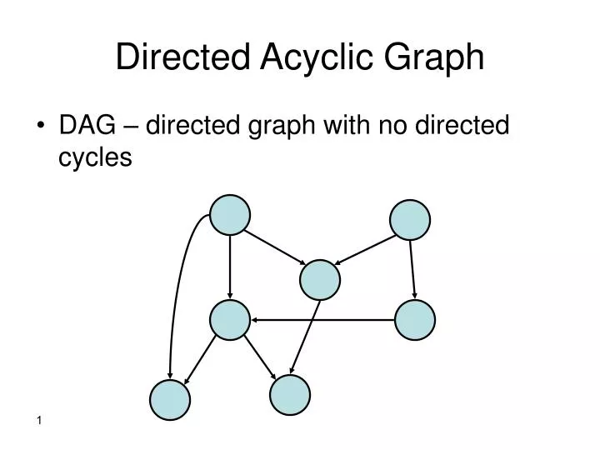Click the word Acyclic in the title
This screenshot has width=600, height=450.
pyautogui.click(x=317, y=57)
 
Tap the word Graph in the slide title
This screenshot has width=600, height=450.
pyautogui.click(x=434, y=57)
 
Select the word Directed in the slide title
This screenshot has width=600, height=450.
pyautogui.click(x=182, y=57)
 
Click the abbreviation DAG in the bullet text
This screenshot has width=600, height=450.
pyautogui.click(x=87, y=125)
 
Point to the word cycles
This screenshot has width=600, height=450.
pyautogui.click(x=95, y=157)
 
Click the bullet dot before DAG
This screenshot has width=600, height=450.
pyautogui.click(x=41, y=125)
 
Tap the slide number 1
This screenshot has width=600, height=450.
pyautogui.click(x=39, y=421)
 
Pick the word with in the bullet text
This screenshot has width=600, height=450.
pyautogui.click(x=347, y=125)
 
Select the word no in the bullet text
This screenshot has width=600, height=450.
pyautogui.click(x=392, y=127)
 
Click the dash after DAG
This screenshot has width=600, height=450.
pyautogui.click(x=131, y=127)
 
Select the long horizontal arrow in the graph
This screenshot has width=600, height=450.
pyautogui.click(x=322, y=320)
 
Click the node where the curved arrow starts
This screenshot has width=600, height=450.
pyautogui.click(x=230, y=215)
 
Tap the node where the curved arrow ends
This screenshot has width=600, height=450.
pyautogui.click(x=170, y=400)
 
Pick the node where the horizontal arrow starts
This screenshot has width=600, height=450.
pyautogui.click(x=415, y=320)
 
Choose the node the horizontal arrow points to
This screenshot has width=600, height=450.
pyautogui.click(x=230, y=320)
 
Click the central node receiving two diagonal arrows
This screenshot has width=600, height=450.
pyautogui.click(x=320, y=280)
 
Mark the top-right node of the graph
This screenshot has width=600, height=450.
pyautogui.click(x=410, y=220)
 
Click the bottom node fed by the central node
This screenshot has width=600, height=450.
pyautogui.click(x=290, y=395)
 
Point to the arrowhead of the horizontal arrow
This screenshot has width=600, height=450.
pyautogui.click(x=253, y=320)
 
